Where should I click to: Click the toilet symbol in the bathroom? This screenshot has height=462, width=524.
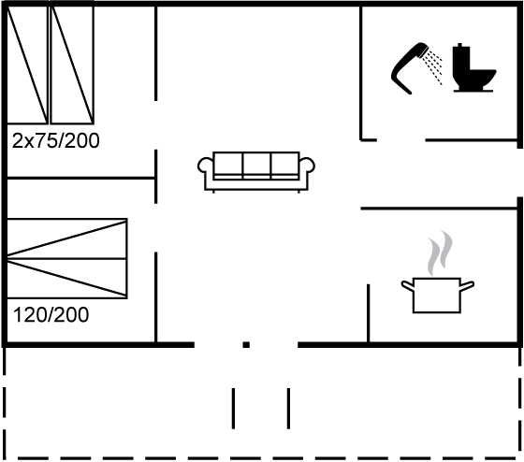click(x=472, y=68)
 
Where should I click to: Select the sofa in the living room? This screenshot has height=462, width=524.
click(x=256, y=172)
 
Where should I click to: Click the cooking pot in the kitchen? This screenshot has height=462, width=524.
click(x=437, y=295)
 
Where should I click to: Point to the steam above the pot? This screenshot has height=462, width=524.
click(x=439, y=253)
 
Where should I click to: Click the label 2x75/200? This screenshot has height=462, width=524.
click(x=56, y=140)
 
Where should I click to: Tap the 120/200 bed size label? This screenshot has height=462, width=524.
click(x=51, y=314)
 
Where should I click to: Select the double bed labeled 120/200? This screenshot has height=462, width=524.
click(x=66, y=258)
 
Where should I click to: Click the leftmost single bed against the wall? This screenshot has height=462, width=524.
click(x=27, y=65)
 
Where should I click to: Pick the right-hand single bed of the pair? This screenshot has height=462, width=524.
click(x=72, y=65)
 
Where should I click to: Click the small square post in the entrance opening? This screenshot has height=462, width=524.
click(x=246, y=345)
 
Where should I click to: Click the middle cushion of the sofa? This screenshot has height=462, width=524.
click(x=256, y=164)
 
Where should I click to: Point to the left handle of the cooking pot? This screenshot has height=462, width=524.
click(x=407, y=285)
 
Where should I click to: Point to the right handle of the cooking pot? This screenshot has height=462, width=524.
click(x=467, y=285)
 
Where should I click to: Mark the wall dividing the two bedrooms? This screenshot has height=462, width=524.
click(x=80, y=179)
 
